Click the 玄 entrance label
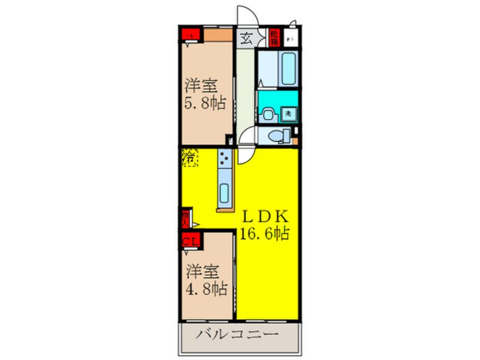coord(247,39)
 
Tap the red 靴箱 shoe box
coord(274,38)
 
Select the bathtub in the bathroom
coord(288,69)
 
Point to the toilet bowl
coord(276,136)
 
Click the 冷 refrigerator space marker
coord(189,157)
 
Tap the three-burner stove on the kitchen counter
coord(224,158)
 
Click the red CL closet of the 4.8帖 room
coord(190,240)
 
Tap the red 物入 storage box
coord(186,218)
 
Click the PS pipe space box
coord(290,39)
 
